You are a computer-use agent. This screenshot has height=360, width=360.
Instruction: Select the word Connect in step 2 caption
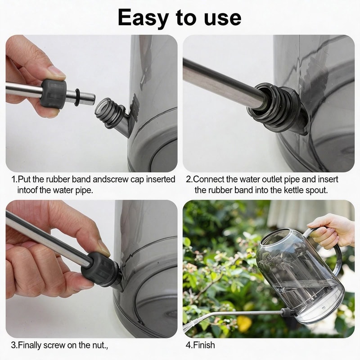(x=208, y=180)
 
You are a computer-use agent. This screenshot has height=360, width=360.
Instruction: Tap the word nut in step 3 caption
(x=99, y=346)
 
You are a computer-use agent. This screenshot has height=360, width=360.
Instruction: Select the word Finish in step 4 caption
(x=204, y=346)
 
